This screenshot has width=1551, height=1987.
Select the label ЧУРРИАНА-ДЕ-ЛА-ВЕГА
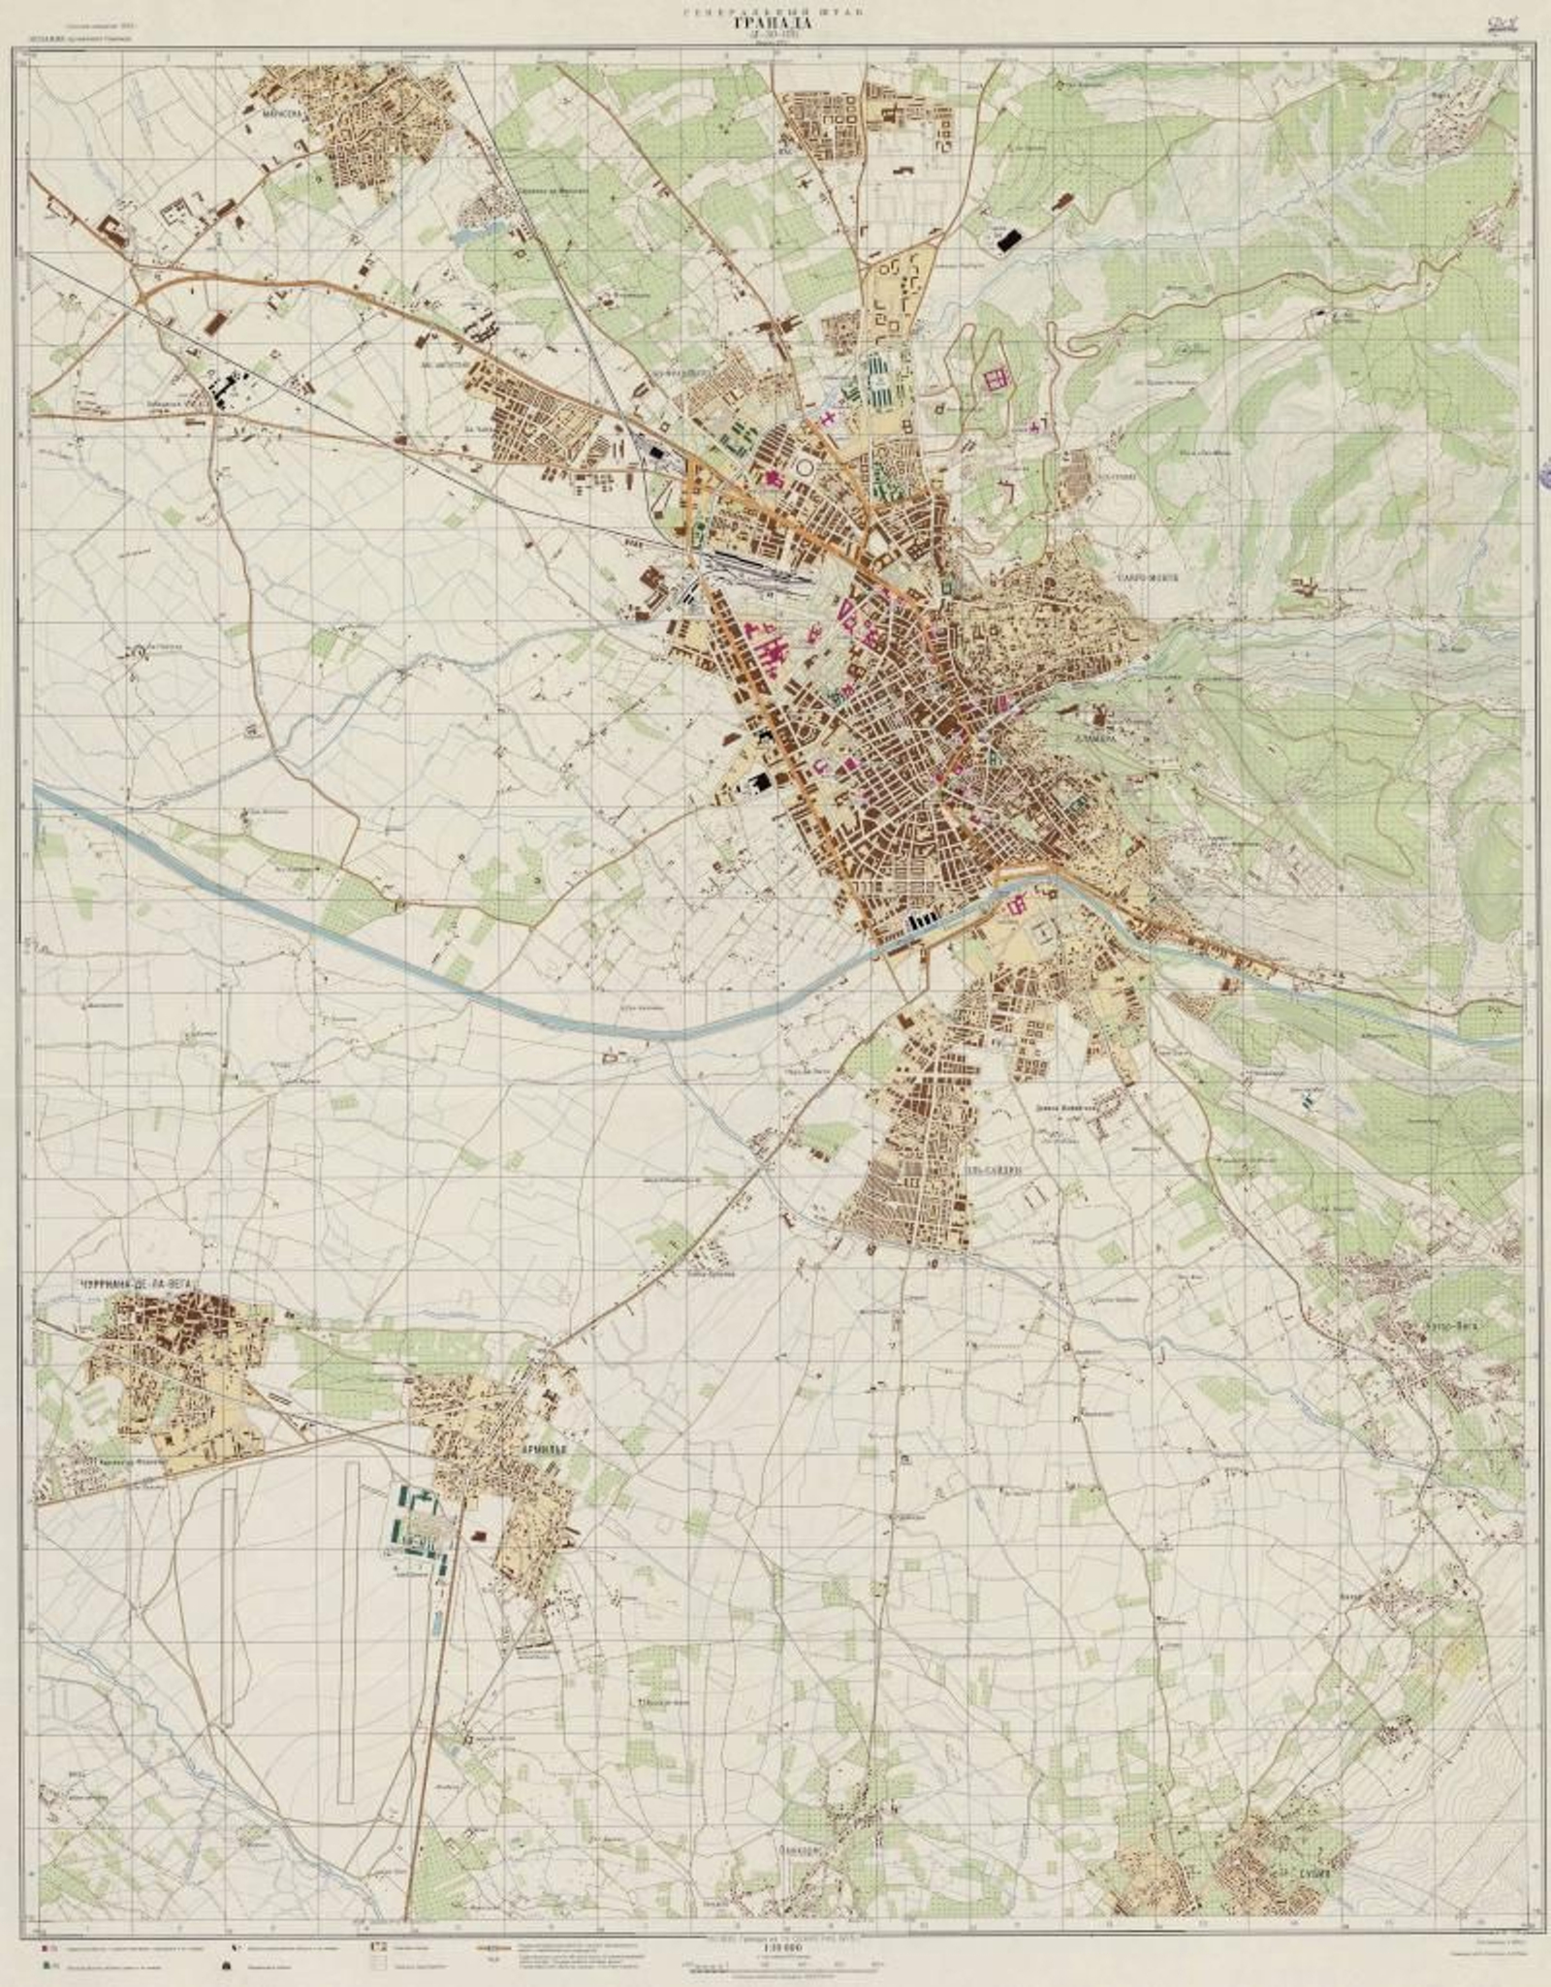[134, 1283]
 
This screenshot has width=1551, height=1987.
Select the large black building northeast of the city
[1011, 239]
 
